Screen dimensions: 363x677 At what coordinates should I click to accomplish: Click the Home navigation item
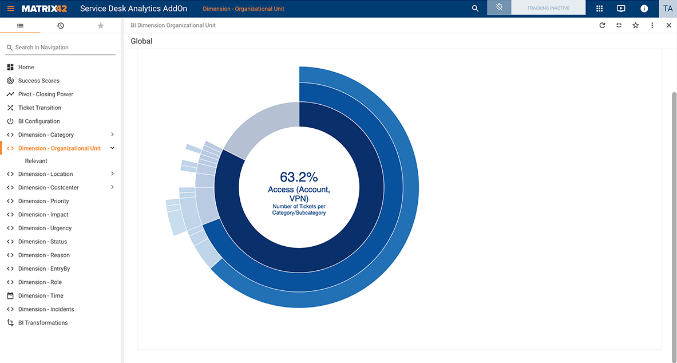pos(26,67)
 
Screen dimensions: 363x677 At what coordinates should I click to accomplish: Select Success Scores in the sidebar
pos(38,81)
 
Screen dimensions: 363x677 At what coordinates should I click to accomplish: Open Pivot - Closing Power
pos(45,94)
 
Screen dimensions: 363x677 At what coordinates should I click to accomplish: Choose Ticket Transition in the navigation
pos(39,108)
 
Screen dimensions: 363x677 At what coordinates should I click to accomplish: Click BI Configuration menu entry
pos(39,121)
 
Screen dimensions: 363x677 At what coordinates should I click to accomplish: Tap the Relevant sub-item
pos(36,161)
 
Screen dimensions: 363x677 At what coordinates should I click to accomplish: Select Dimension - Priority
pos(43,201)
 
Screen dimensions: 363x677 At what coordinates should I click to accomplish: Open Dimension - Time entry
pos(41,295)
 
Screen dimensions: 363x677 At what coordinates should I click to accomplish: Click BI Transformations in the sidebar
pos(43,323)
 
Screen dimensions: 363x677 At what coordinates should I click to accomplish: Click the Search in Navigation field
pos(63,48)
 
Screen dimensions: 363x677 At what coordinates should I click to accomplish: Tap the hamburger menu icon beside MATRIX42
pos(10,9)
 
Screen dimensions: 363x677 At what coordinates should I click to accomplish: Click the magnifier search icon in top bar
pos(475,9)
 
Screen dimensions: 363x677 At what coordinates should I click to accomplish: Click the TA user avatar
pos(667,9)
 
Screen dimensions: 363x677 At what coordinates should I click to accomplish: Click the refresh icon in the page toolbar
pos(602,25)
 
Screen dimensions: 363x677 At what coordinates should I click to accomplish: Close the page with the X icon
pos(668,25)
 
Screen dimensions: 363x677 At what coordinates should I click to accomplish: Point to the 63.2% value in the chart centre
pos(299,177)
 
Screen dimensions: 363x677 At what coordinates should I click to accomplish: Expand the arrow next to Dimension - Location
pos(112,174)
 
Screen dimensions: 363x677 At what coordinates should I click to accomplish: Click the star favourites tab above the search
pos(101,26)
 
